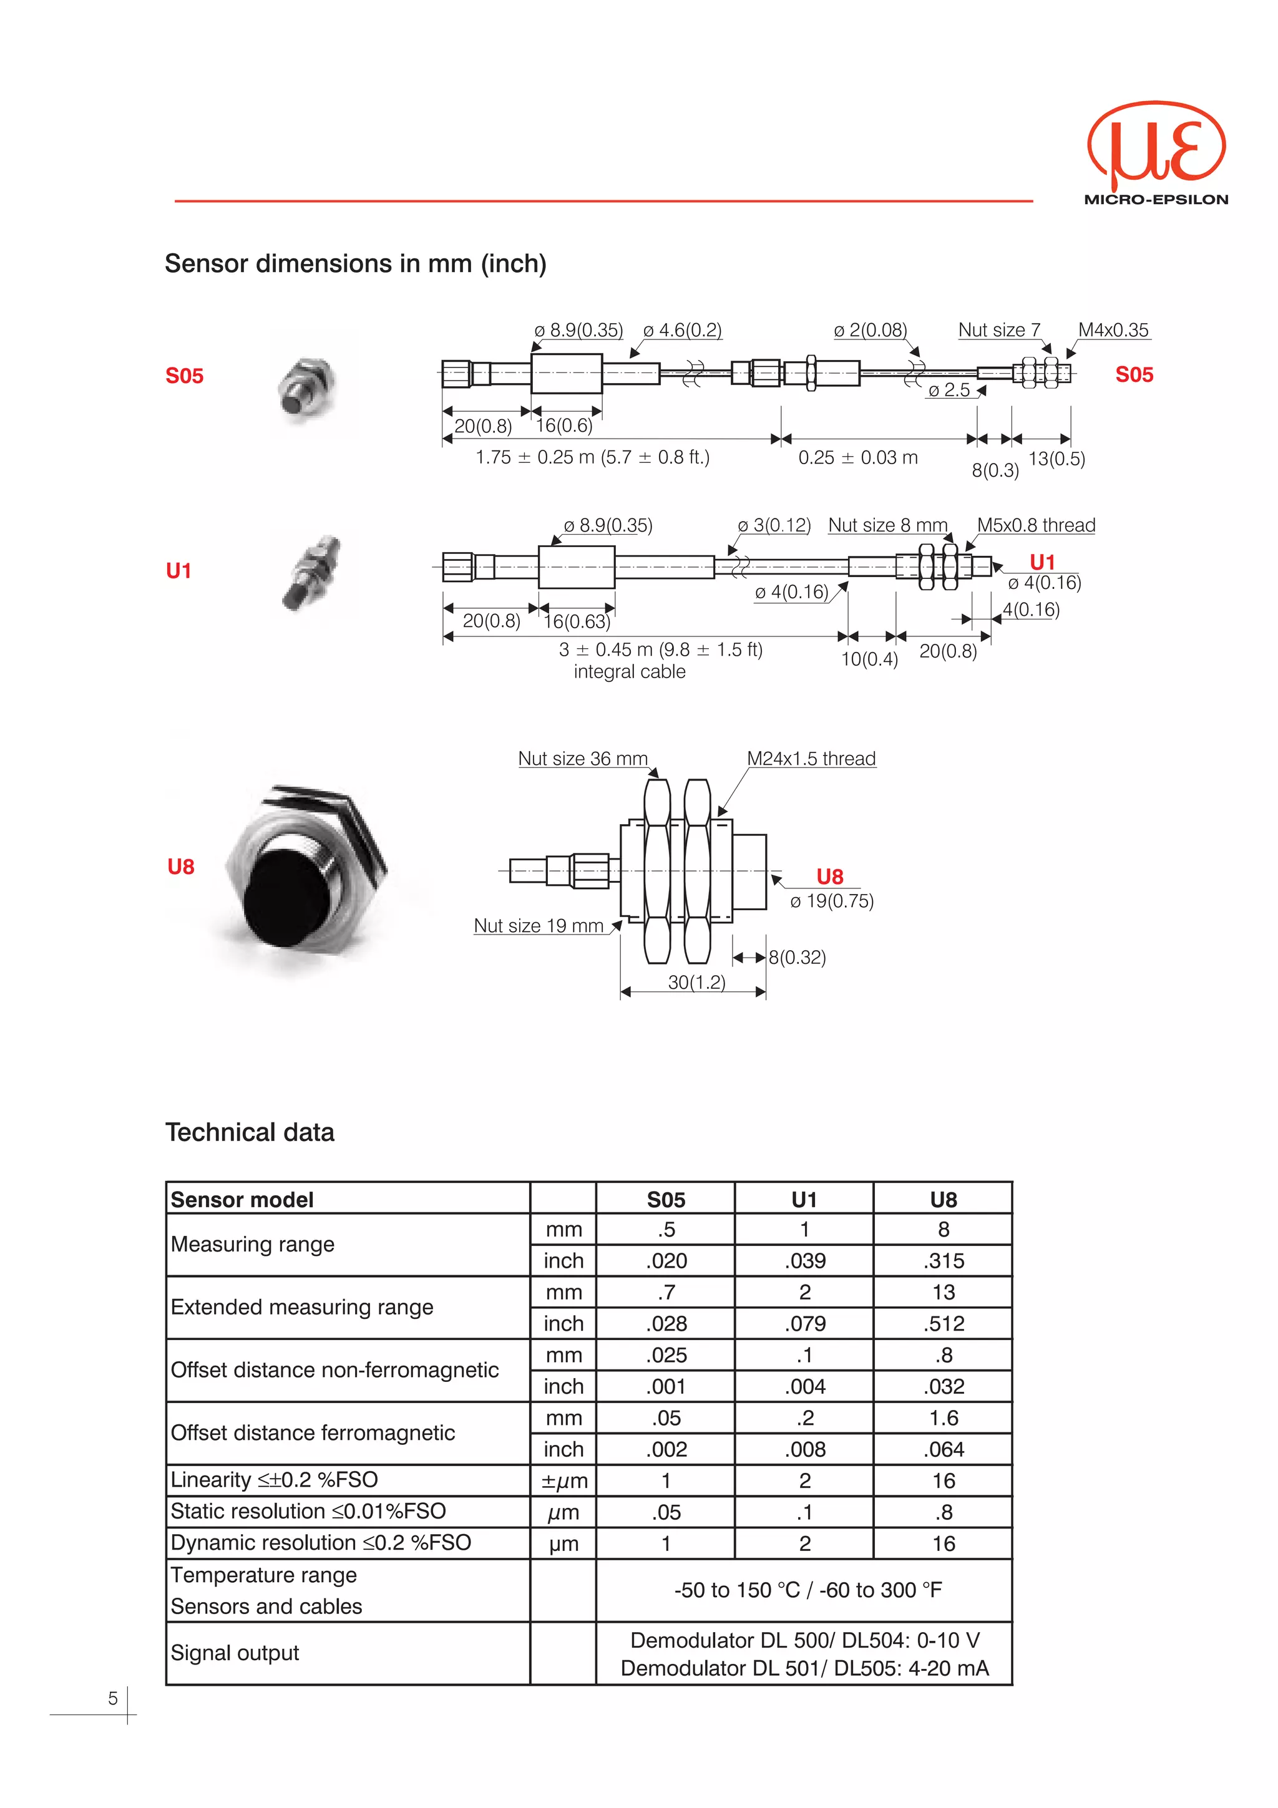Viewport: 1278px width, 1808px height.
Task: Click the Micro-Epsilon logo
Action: (1156, 153)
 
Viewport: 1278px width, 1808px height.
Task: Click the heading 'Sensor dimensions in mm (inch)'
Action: (355, 263)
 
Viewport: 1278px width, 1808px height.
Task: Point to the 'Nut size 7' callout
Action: (998, 330)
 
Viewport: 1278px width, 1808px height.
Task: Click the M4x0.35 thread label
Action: (1113, 330)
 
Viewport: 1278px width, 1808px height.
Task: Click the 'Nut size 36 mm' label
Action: (583, 758)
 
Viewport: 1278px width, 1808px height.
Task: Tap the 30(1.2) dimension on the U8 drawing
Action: (696, 982)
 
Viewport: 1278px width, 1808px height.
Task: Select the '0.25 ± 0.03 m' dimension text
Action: (857, 457)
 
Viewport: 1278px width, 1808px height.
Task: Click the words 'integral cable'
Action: (629, 672)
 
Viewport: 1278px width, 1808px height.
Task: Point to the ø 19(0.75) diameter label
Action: (832, 901)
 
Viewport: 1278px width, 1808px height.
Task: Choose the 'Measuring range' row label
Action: (253, 1244)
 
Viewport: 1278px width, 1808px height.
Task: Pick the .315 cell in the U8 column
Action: (944, 1261)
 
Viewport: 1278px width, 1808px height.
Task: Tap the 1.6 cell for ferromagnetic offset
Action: (944, 1418)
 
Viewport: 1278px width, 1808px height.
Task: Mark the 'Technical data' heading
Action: (250, 1132)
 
